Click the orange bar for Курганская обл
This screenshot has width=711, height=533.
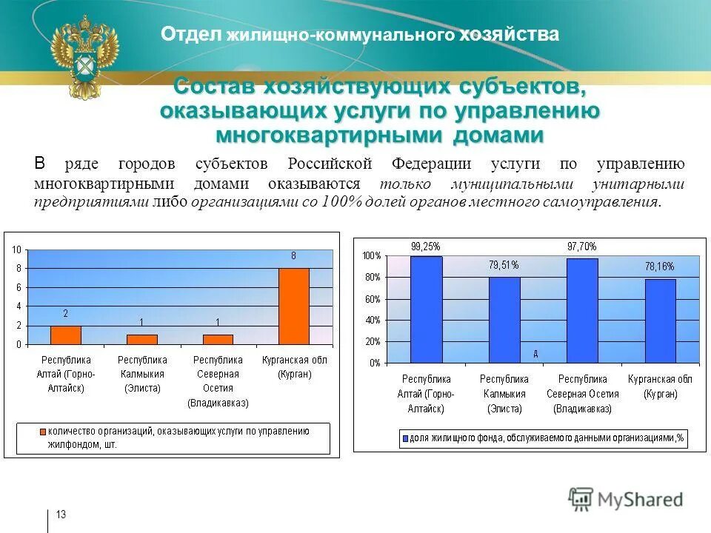tap(293, 306)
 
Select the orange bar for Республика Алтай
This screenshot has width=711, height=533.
tap(65, 335)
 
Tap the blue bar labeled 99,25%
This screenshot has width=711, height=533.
tap(426, 309)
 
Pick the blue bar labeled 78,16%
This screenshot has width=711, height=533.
tap(660, 321)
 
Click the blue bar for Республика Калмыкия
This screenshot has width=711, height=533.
tap(504, 320)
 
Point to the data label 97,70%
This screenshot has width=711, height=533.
tap(581, 247)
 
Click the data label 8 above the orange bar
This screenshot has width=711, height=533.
tap(293, 256)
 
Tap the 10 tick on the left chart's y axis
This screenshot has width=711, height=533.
tap(16, 250)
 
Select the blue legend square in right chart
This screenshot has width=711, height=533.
tap(404, 439)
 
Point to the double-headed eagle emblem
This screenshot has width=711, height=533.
tap(84, 55)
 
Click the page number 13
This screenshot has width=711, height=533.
tap(61, 514)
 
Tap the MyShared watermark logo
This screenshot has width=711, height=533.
tap(626, 499)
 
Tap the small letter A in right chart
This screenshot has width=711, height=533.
tap(535, 354)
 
